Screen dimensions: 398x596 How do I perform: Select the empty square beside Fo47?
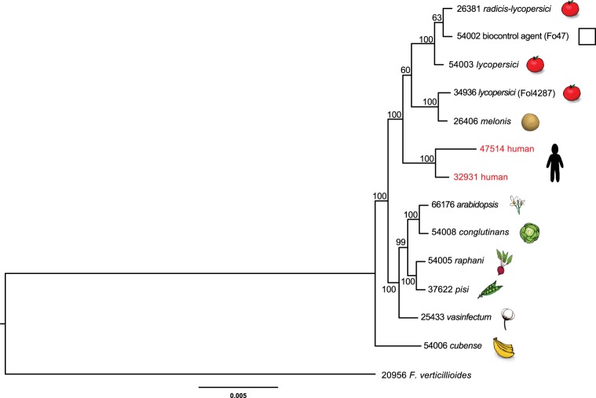click(586, 37)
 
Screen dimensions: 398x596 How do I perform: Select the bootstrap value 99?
click(400, 243)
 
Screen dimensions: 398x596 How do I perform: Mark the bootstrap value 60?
click(405, 70)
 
